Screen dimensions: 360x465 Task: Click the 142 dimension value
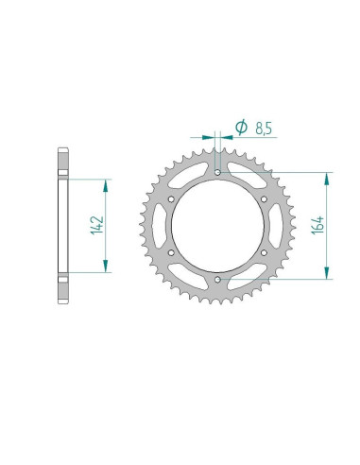coord(97,225)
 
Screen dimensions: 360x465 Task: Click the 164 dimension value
coord(317,225)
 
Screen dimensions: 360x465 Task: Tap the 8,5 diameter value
coord(264,129)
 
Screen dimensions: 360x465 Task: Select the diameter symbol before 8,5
coord(241,127)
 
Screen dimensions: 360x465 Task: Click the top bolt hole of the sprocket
coord(217,172)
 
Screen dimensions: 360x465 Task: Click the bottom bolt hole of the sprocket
coord(217,280)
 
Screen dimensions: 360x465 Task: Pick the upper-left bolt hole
coord(171,199)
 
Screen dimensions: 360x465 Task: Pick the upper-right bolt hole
coord(264,199)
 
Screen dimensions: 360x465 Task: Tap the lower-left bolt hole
coord(171,252)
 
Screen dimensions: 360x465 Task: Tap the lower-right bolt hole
coord(264,252)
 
